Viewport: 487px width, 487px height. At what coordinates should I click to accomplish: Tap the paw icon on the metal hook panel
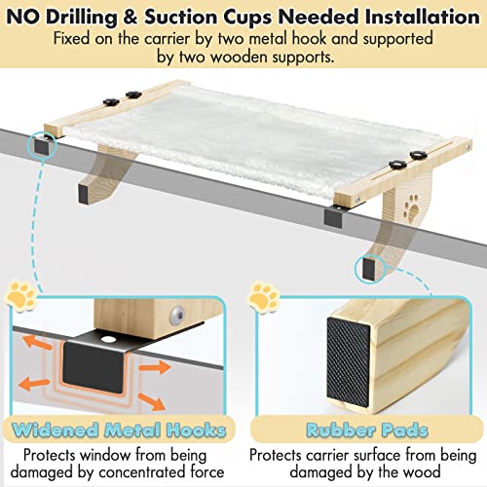pos(19,292)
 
